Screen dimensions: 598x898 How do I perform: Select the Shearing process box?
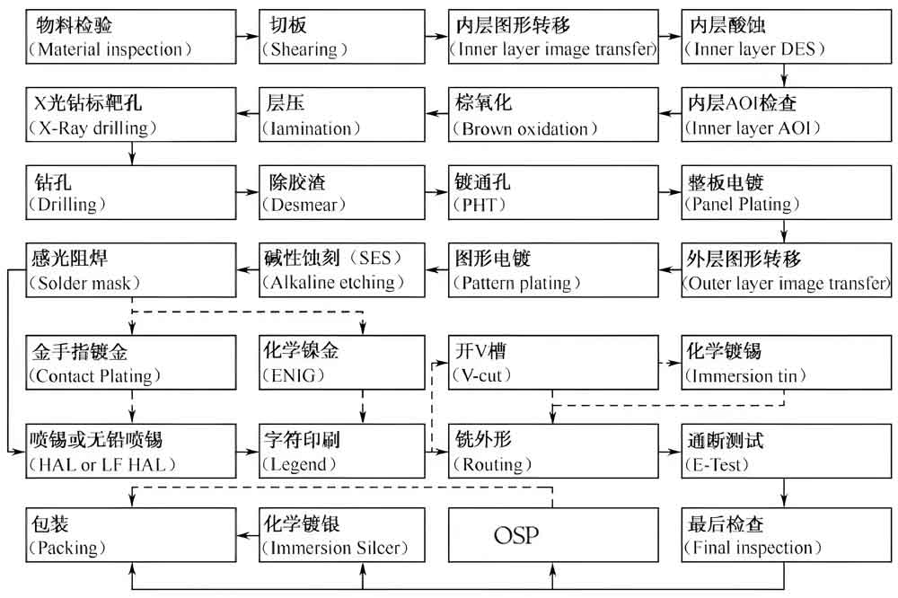(341, 36)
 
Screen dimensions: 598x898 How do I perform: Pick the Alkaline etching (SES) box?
(341, 270)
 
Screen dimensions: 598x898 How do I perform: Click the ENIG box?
(341, 361)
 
